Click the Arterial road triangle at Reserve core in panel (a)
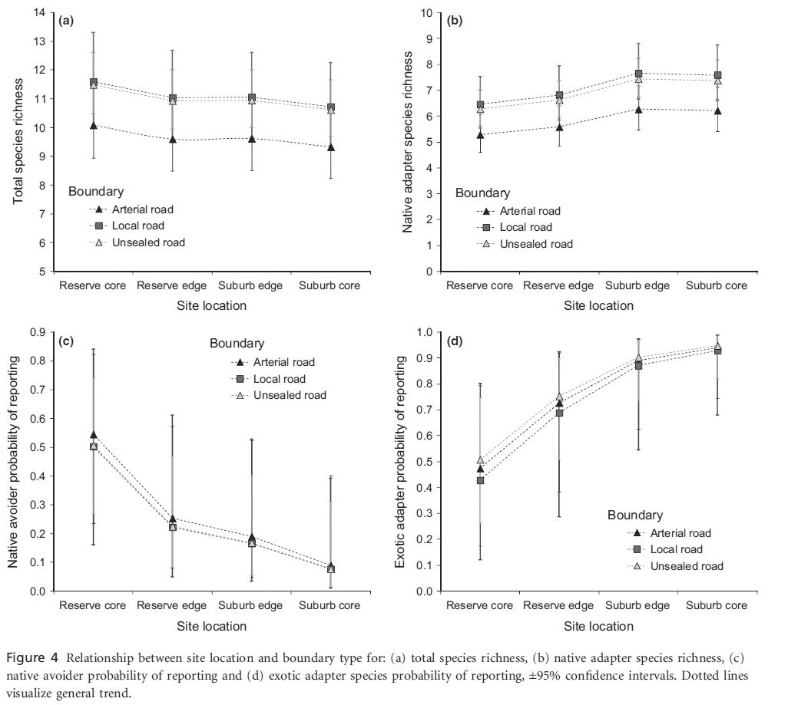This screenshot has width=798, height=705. click(94, 125)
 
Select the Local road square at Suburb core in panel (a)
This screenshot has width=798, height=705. click(331, 107)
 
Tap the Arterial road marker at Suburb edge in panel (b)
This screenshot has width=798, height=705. click(638, 109)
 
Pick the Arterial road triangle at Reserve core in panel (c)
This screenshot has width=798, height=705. click(94, 435)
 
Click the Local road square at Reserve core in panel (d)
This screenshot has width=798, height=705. click(480, 479)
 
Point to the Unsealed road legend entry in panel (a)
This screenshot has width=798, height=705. click(137, 242)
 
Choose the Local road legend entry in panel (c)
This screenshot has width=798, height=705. click(268, 379)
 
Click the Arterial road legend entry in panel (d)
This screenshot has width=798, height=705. click(669, 533)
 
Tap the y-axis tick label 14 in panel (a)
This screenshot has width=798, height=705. click(40, 12)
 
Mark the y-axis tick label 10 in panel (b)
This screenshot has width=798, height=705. click(427, 13)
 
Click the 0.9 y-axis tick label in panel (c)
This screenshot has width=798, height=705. click(38, 332)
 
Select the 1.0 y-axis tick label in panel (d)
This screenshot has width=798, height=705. click(425, 332)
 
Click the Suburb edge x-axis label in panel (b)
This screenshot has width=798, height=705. click(637, 285)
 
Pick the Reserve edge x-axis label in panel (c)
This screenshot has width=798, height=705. click(171, 605)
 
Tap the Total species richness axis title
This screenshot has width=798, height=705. click(18, 141)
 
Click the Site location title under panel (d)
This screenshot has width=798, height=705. click(598, 626)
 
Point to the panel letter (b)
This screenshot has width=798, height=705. click(455, 21)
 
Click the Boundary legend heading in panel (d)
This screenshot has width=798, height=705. click(635, 515)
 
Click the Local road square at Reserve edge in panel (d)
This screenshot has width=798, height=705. click(559, 413)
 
